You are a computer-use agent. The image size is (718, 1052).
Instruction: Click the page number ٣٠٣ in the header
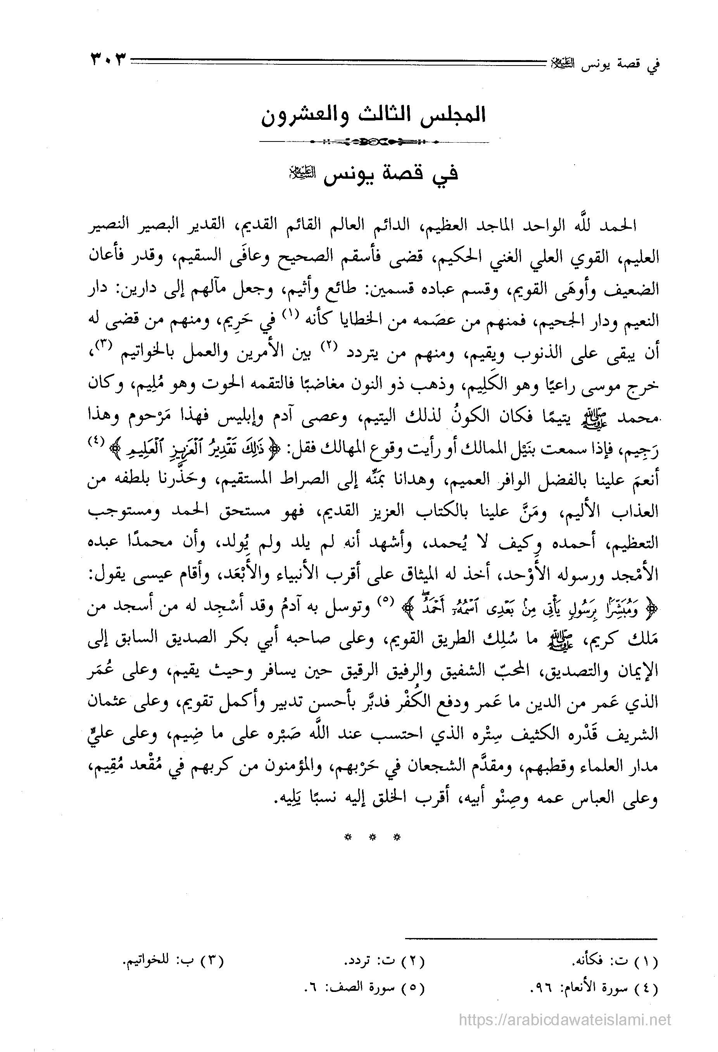pyautogui.click(x=108, y=60)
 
